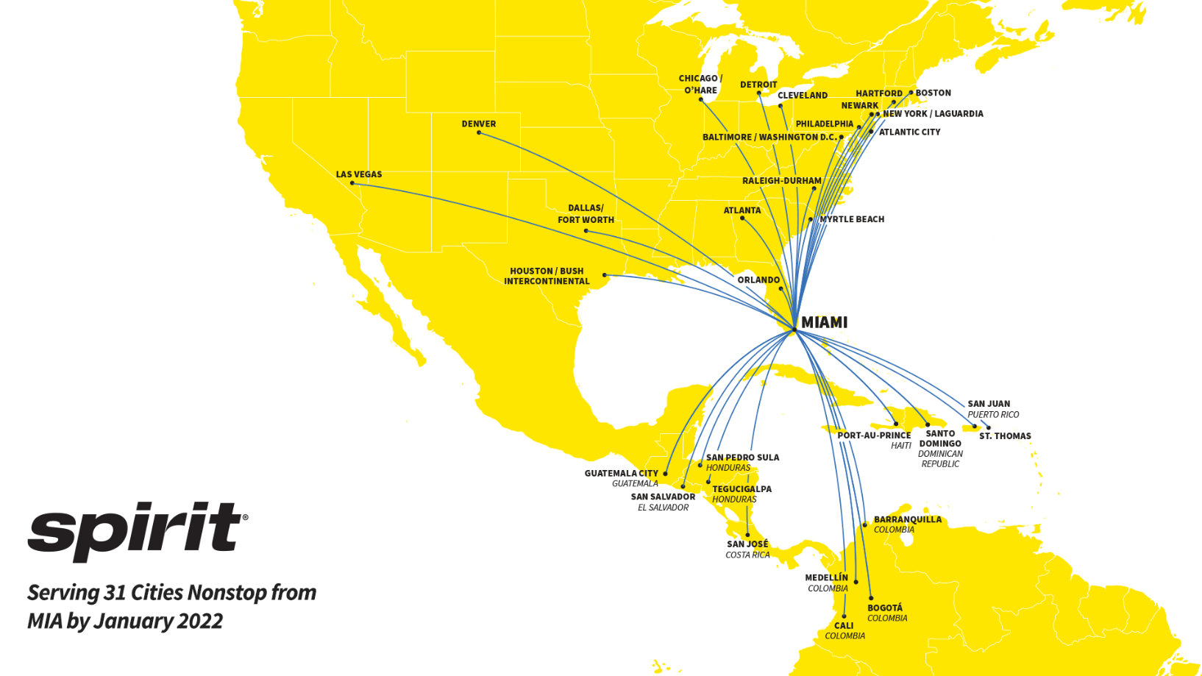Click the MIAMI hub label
[x=824, y=322]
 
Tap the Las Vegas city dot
[x=352, y=183]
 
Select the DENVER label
[x=479, y=124]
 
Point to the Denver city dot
[x=479, y=132]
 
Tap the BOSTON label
[x=933, y=93]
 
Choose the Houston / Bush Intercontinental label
[x=547, y=276]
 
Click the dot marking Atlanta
[x=742, y=218]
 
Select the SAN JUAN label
[x=989, y=404]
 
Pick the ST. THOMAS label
[x=1005, y=436]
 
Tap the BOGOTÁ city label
[x=885, y=608]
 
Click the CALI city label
[x=844, y=626]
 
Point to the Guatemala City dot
[x=666, y=474]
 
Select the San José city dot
[x=747, y=536]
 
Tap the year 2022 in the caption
[x=199, y=622]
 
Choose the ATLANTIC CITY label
[x=909, y=132]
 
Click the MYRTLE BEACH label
[x=852, y=219]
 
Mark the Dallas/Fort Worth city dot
[x=586, y=231]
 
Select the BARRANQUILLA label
[x=907, y=519]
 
